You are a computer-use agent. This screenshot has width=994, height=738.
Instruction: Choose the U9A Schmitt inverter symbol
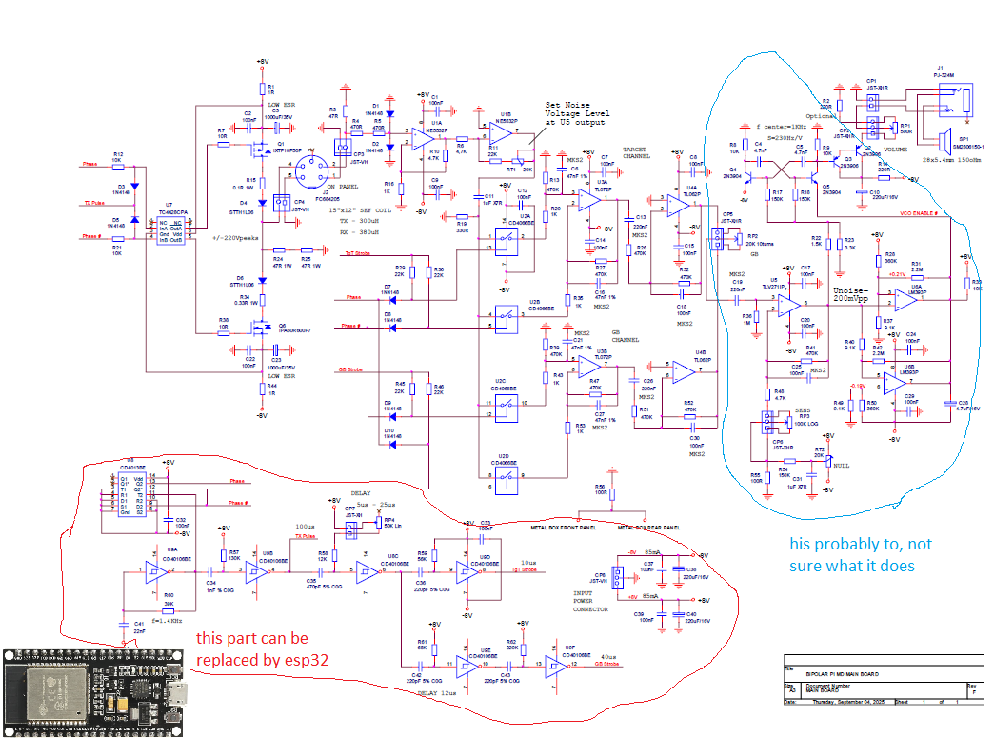point(154,572)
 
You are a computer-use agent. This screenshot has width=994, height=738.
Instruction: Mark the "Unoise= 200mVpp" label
point(862,294)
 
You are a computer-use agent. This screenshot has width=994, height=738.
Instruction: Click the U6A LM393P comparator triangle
point(905,300)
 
